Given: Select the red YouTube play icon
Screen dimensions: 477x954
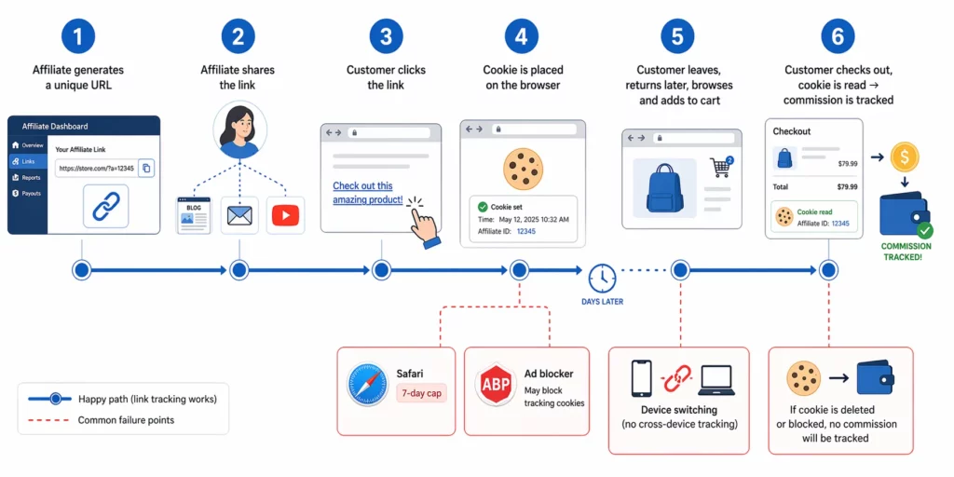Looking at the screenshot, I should [285, 215].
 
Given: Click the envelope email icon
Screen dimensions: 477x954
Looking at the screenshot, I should [239, 216].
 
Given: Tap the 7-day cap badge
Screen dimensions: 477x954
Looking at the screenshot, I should [422, 393].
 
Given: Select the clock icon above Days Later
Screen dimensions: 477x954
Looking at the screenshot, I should [602, 278].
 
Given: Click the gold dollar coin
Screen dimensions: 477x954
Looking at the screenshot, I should [905, 157].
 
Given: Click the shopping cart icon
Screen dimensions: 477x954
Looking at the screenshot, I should [720, 168].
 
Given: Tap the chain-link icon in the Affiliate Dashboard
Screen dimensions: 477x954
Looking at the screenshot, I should [105, 207].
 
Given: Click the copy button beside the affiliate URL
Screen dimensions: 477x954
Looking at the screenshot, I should [147, 169].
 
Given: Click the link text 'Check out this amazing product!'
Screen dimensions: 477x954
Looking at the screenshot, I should [368, 193].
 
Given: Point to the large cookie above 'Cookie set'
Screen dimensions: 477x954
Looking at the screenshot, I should [523, 169].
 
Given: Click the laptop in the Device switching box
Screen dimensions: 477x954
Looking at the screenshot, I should [714, 379].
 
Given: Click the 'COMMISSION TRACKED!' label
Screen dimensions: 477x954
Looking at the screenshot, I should [906, 252].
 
